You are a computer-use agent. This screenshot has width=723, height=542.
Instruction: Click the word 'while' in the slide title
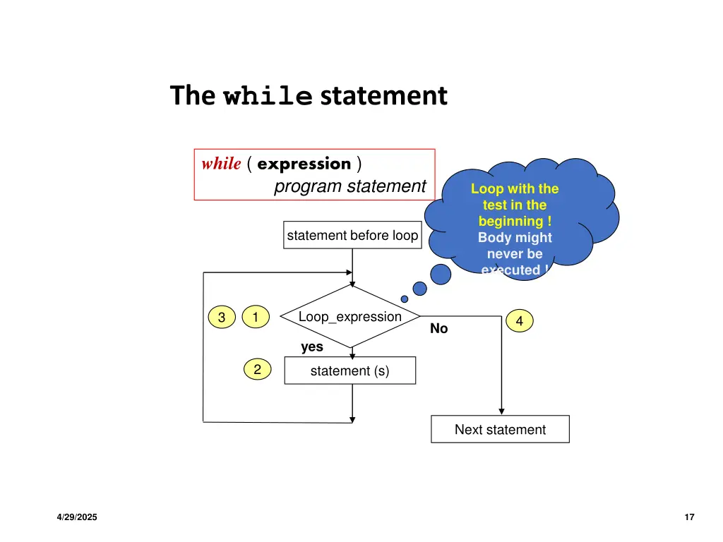268,96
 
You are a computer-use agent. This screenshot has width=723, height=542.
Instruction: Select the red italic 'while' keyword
221,164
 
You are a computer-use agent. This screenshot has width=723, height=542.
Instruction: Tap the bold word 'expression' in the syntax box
304,164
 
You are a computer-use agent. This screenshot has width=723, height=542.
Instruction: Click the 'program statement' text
349,186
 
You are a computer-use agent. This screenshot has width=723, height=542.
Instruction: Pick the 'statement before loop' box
352,236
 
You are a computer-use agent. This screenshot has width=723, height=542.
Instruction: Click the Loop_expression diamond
350,317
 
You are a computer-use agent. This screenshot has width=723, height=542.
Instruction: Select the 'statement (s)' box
349,371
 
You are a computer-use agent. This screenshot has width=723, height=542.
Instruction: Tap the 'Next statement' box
500,429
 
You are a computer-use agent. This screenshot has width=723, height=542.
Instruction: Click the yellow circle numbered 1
255,318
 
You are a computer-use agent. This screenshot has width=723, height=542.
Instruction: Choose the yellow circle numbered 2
258,369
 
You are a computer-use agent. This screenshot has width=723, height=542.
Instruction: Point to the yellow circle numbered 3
221,318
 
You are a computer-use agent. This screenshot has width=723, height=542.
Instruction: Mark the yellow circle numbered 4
520,321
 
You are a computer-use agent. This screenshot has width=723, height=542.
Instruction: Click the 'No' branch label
439,329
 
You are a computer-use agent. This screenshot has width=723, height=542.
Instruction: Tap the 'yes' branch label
312,347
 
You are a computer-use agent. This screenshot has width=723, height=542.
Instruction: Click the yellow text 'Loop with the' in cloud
515,188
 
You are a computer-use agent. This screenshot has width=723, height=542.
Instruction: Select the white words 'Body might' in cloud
515,238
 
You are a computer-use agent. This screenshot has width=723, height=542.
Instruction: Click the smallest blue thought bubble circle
405,299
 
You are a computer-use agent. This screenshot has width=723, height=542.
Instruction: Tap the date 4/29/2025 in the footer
78,517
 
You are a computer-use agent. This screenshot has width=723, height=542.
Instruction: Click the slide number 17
690,517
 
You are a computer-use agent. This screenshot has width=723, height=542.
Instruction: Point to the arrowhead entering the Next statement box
501,411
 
